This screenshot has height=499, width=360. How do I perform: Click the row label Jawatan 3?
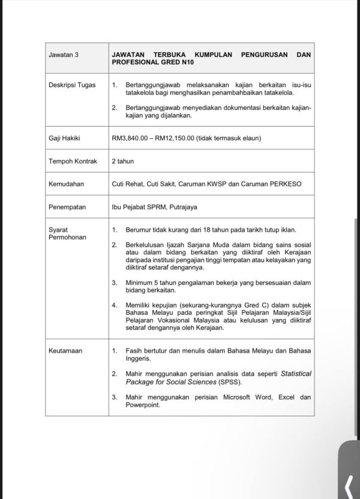(63, 55)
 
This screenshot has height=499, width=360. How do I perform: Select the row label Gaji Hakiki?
(64, 138)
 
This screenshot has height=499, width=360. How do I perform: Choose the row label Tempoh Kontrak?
(72, 161)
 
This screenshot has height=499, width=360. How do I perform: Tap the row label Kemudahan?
(65, 184)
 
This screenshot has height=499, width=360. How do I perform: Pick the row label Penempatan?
(67, 208)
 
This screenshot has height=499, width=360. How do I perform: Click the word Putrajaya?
(181, 208)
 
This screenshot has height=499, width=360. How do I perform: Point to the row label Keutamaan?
(65, 350)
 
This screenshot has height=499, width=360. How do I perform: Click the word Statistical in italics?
(296, 373)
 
